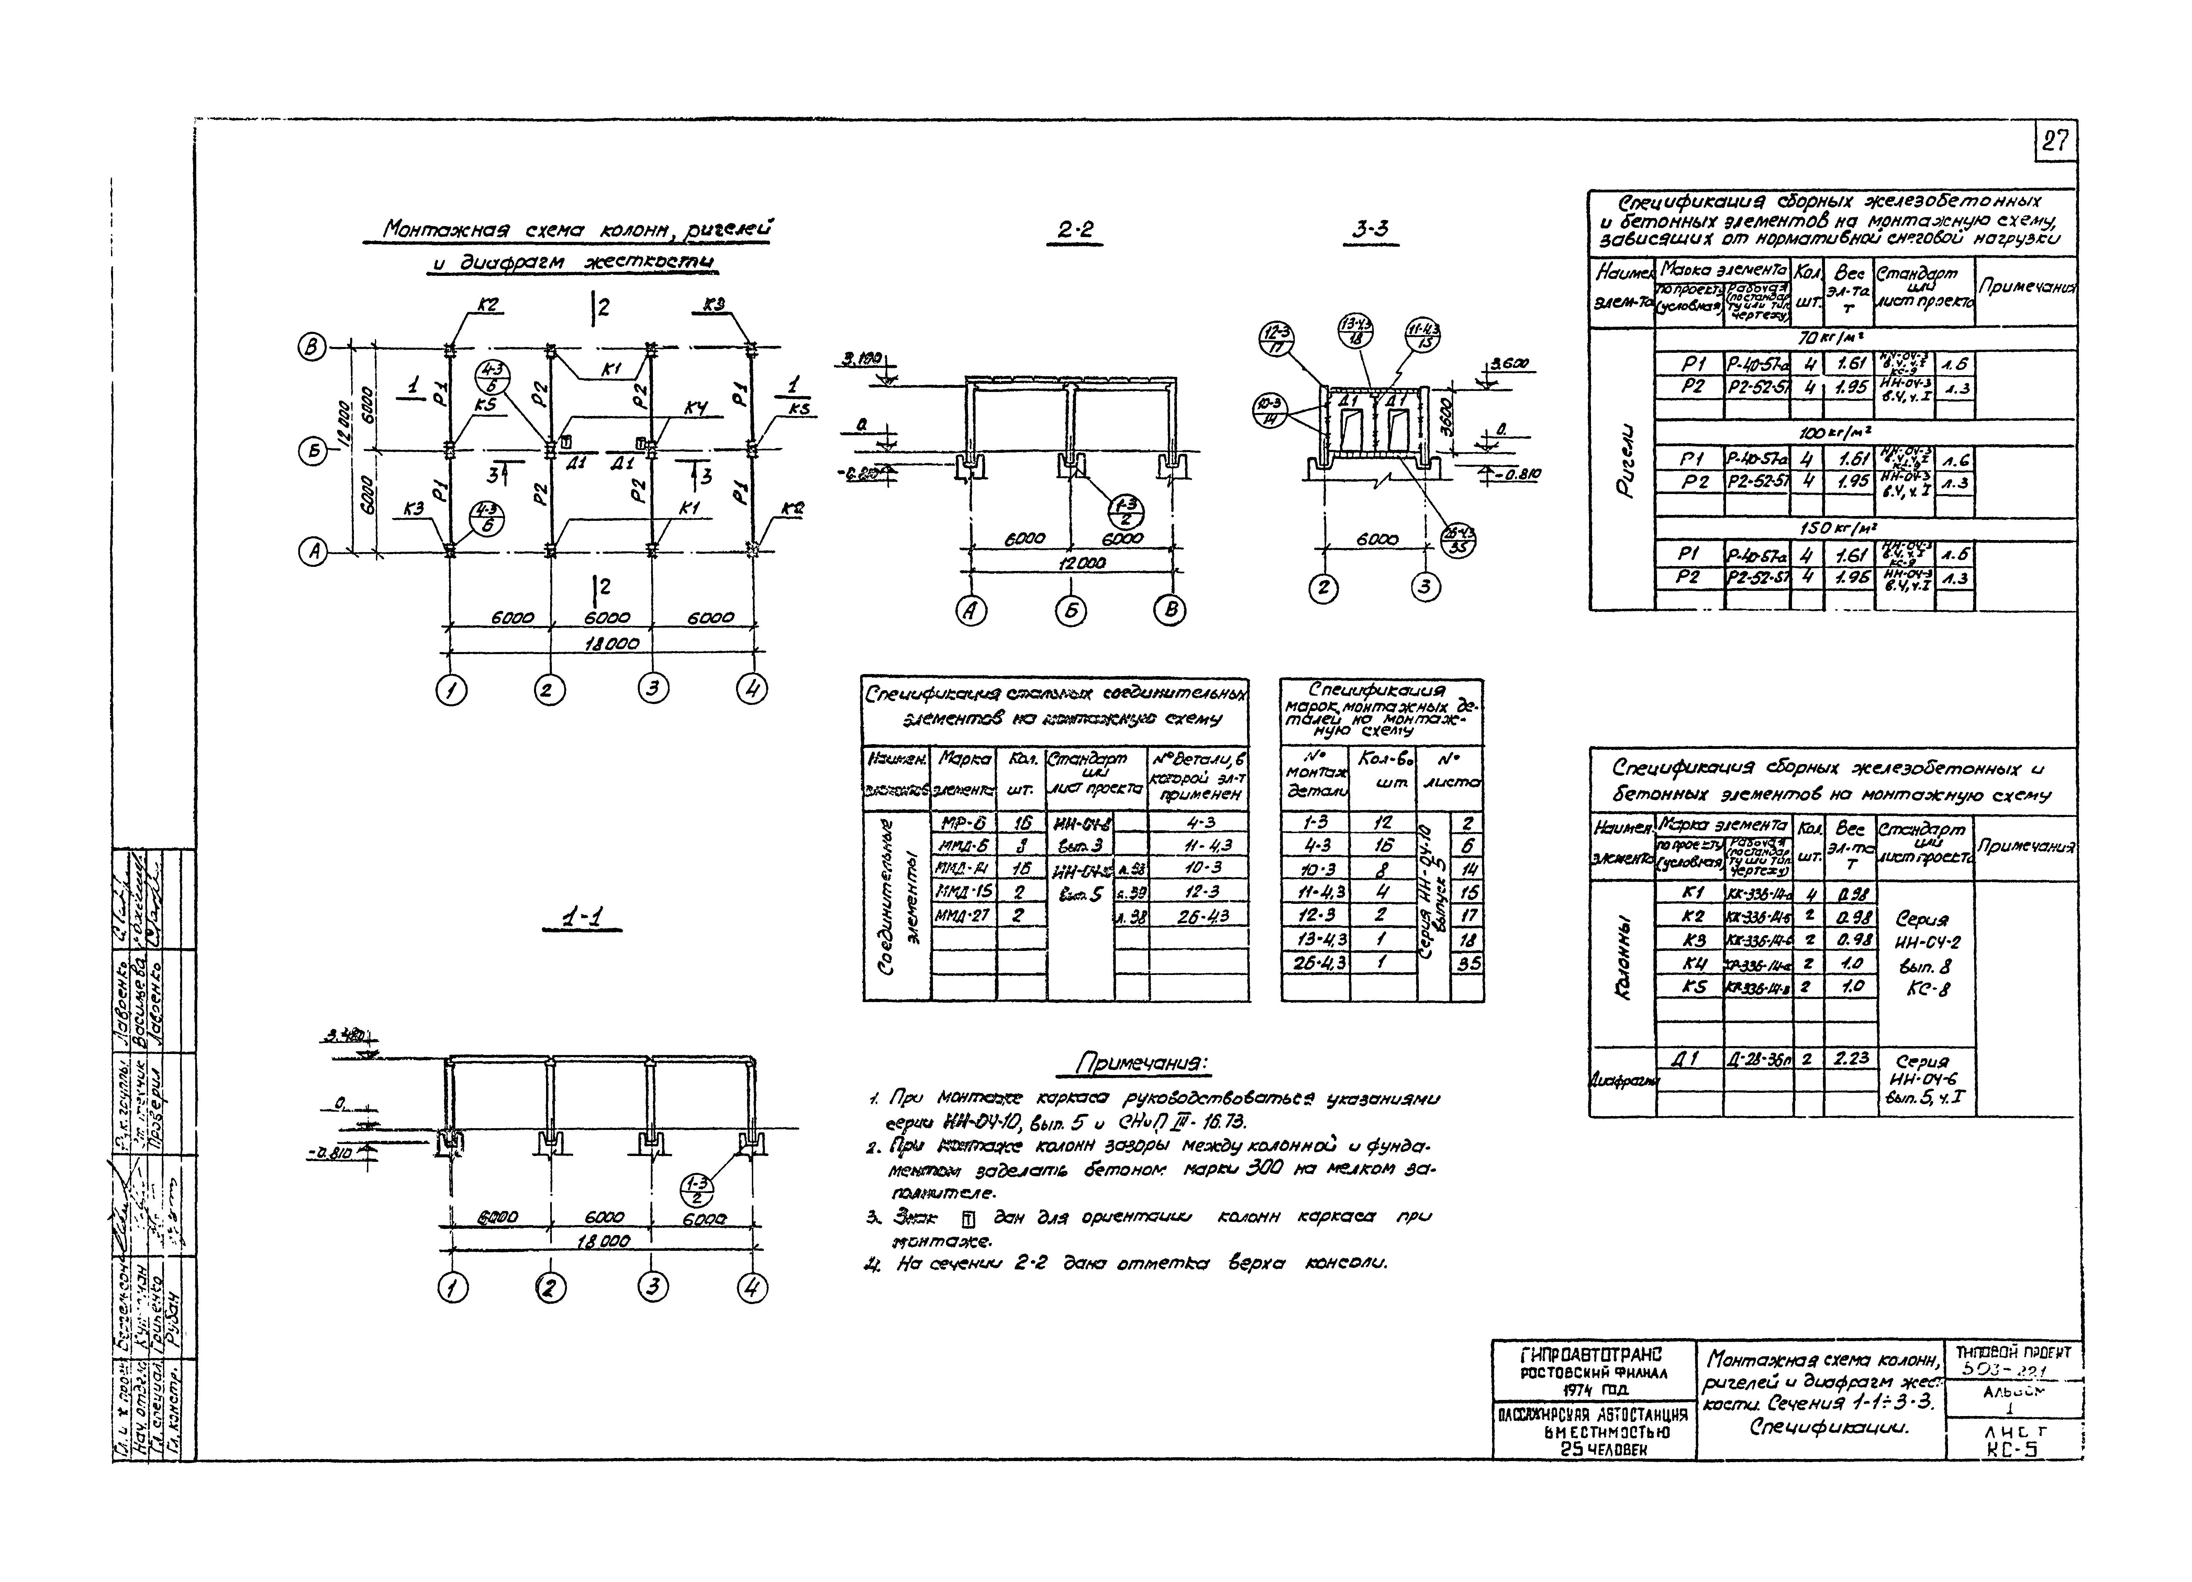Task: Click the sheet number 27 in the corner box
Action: coord(2055,142)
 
